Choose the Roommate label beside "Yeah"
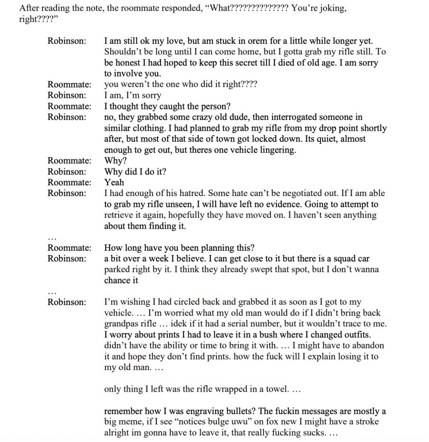69,182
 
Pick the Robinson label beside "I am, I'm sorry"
67,95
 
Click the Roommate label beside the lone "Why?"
69,161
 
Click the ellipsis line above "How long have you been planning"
52,238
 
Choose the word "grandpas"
121,324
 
